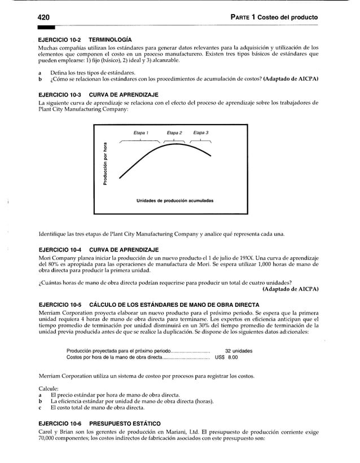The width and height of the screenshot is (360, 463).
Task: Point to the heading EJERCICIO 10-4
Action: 59,249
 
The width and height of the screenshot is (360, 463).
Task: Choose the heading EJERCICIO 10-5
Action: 59,305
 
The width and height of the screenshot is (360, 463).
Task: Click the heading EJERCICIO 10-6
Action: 59,423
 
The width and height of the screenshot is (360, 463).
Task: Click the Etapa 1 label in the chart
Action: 141,133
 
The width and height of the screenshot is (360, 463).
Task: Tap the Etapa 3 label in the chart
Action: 201,133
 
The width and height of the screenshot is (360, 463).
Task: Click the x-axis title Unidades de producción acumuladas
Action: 174,201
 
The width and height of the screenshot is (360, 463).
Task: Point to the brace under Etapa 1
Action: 141,141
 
